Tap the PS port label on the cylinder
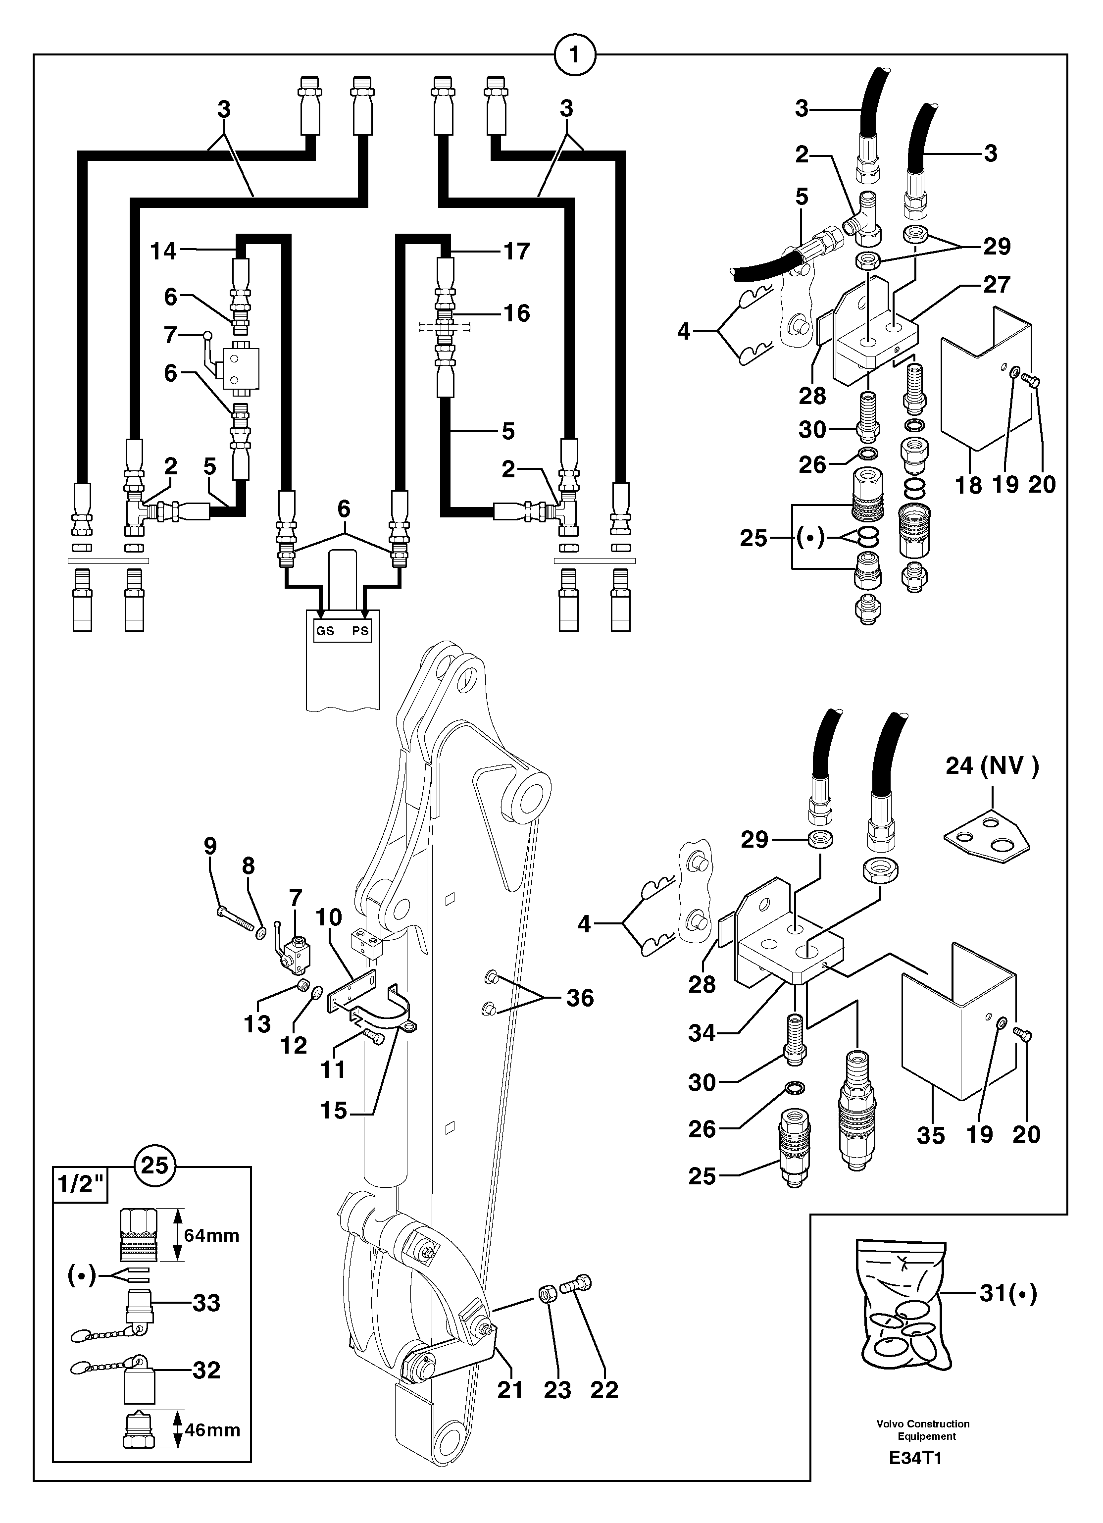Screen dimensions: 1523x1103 (x=360, y=631)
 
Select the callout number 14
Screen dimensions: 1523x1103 (x=163, y=251)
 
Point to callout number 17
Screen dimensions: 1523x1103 (x=516, y=251)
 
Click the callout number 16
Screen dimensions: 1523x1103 (x=516, y=313)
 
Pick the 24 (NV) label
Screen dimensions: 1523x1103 (x=992, y=765)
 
